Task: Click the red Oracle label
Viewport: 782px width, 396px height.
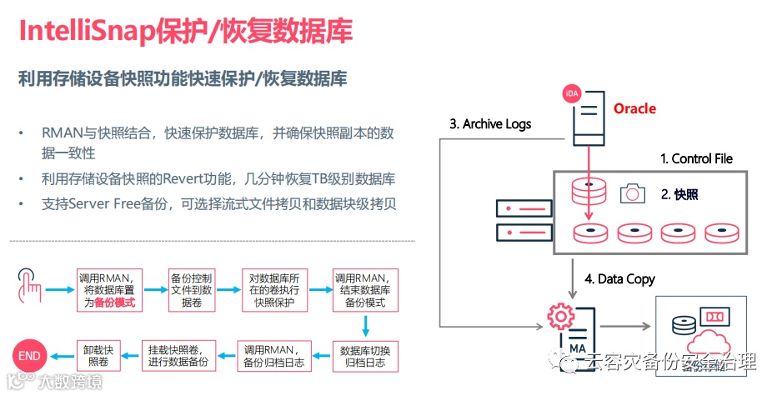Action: point(634,108)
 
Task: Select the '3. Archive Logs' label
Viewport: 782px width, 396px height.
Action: point(490,124)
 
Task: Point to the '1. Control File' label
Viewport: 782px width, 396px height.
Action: point(696,158)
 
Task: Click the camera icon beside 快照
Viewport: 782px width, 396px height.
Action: point(634,194)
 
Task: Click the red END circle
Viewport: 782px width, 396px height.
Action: point(29,356)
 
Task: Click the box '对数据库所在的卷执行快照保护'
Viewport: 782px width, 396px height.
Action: point(278,291)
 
